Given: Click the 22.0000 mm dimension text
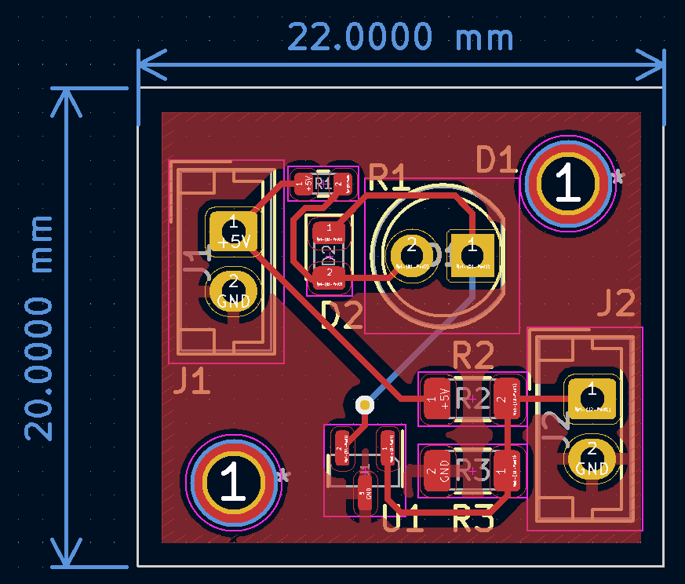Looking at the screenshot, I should coord(400,37).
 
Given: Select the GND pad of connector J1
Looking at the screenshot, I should coord(233,292).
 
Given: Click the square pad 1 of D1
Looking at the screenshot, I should coord(472,253).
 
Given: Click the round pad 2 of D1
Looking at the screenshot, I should coord(409,253).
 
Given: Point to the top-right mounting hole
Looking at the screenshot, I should coord(566,183).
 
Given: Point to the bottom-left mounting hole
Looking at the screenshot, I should coord(232,481).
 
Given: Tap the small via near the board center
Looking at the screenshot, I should coord(364,404).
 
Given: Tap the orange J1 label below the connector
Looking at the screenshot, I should coord(192,381).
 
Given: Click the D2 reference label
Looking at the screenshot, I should coord(342,316).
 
